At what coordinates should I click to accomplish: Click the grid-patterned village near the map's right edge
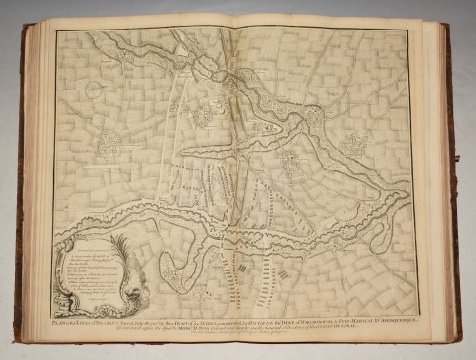tap(358, 145)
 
